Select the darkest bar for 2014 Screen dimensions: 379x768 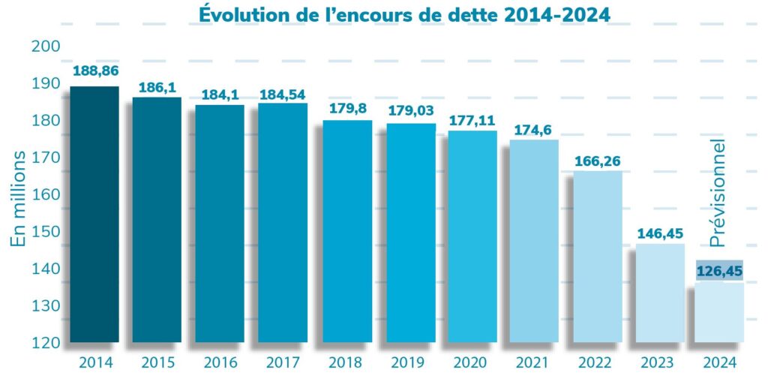tap(94, 214)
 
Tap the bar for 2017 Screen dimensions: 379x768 tap(283, 222)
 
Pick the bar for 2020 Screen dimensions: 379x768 tap(472, 236)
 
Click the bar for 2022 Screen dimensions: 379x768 tap(598, 256)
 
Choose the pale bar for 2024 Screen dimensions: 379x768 tap(719, 311)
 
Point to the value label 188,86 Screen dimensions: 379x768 tap(94, 71)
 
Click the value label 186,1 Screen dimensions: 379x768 tap(157, 88)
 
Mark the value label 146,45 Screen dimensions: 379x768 tap(660, 233)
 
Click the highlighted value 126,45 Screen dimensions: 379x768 tap(720, 270)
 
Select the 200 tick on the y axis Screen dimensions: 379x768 tap(46, 47)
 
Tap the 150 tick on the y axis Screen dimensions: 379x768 tap(46, 232)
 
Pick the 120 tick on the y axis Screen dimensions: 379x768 tap(46, 344)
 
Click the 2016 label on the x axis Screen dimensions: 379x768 tap(220, 363)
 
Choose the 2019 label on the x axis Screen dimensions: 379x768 tap(409, 363)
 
